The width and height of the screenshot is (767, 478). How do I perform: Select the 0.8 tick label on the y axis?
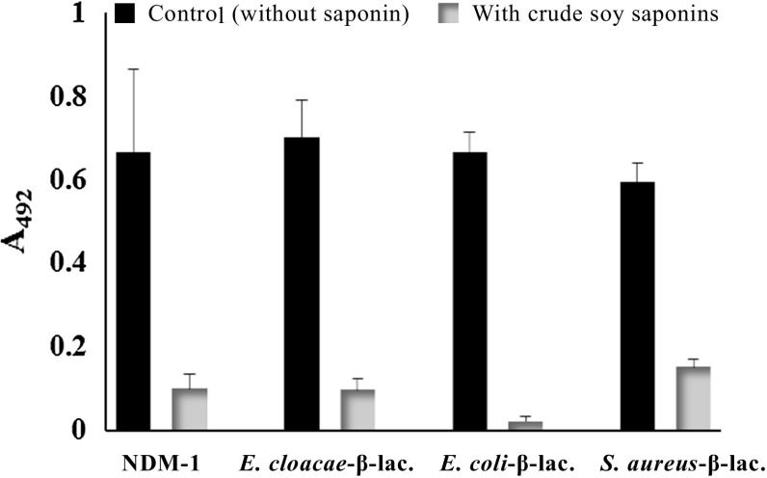click(68, 97)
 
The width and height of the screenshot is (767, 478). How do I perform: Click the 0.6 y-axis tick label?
click(68, 180)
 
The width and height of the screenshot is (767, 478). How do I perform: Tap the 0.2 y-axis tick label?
click(68, 346)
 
